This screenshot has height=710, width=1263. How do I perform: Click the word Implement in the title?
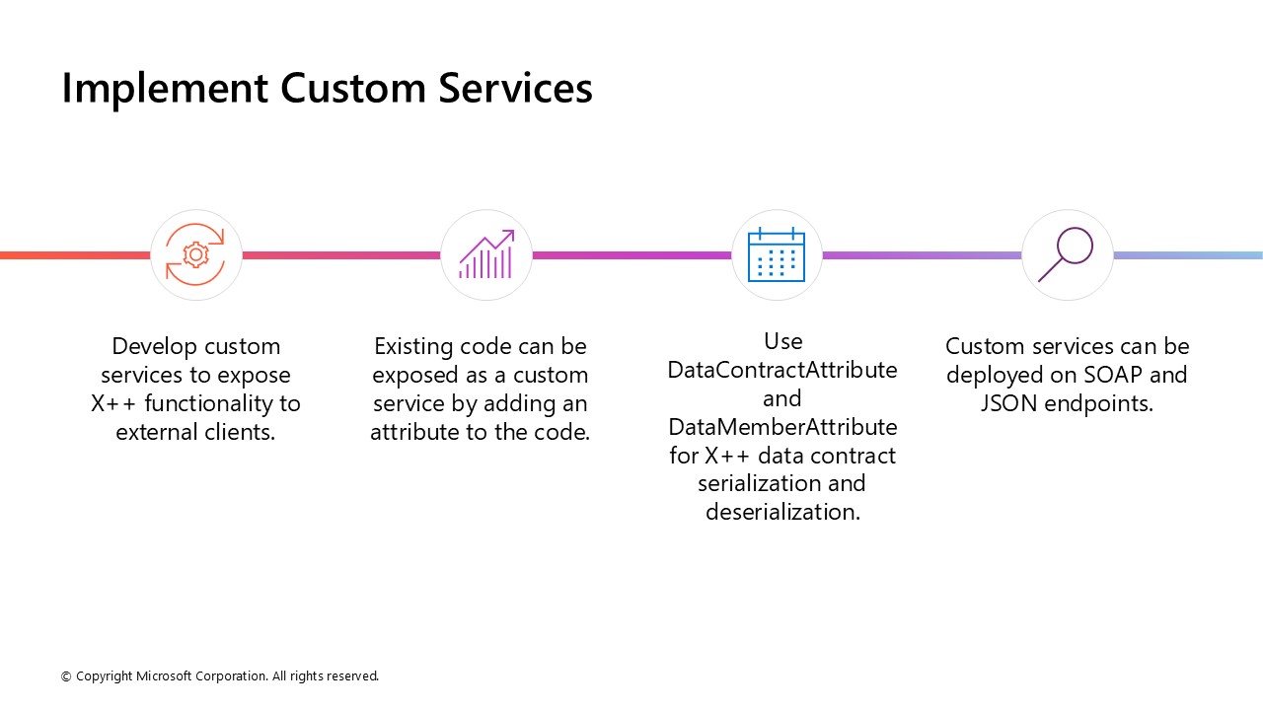coord(164,89)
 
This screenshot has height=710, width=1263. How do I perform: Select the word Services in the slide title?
coord(515,88)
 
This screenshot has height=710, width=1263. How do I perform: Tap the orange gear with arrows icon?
coord(196,254)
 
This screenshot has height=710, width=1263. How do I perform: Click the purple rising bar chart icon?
coord(486,254)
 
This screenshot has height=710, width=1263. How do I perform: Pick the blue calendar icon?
coord(777,254)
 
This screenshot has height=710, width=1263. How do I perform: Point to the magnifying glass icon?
coord(1067,254)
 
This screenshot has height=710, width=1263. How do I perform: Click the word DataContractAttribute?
coord(782,370)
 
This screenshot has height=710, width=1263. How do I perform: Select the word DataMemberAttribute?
coord(782,427)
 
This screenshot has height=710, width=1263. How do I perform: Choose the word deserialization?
coord(782,512)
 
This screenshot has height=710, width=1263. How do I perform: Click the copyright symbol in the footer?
coord(66,676)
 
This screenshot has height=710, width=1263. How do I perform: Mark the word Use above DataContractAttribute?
coord(782,341)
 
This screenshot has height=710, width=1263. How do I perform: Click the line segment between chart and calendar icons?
coord(631,255)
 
